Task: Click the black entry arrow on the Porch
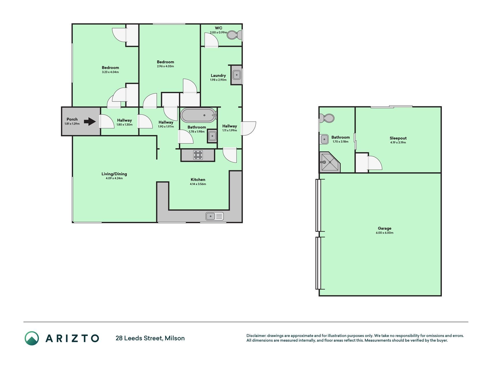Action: pyautogui.click(x=90, y=122)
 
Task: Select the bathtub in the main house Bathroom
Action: pyautogui.click(x=198, y=115)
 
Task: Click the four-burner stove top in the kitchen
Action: pyautogui.click(x=198, y=155)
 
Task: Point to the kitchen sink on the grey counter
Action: pyautogui.click(x=215, y=216)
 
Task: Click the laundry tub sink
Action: pyautogui.click(x=236, y=75)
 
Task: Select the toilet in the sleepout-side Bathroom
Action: pyautogui.click(x=327, y=118)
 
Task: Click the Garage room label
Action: pyautogui.click(x=384, y=228)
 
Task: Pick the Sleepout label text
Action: pyautogui.click(x=398, y=138)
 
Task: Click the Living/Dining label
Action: pyautogui.click(x=114, y=174)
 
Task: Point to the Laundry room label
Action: pyautogui.click(x=218, y=75)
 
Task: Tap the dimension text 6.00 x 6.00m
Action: pyautogui.click(x=384, y=233)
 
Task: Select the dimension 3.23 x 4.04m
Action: pyautogui.click(x=110, y=72)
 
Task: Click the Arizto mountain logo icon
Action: pyautogui.click(x=31, y=338)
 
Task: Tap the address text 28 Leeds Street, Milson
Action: pyautogui.click(x=150, y=338)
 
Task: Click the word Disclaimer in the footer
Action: pyautogui.click(x=256, y=336)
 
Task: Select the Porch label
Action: pyautogui.click(x=72, y=119)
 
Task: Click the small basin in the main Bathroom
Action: pyautogui.click(x=212, y=136)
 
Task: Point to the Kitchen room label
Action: pyautogui.click(x=198, y=180)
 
